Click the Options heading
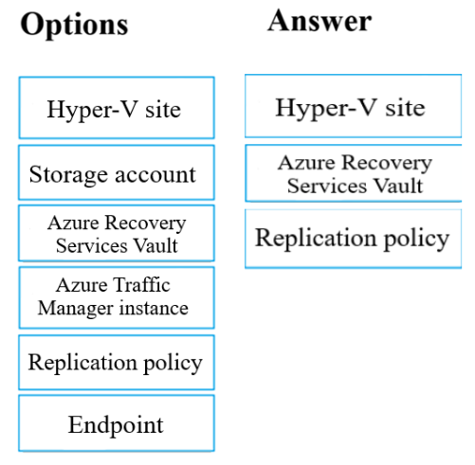click(x=74, y=25)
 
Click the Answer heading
click(x=320, y=21)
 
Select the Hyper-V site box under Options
click(x=117, y=108)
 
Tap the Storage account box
click(x=117, y=172)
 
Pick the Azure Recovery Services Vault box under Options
click(x=117, y=233)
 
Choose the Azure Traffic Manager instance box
click(x=117, y=297)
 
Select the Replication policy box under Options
click(x=117, y=363)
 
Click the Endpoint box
click(x=117, y=423)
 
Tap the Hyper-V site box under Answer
click(x=354, y=106)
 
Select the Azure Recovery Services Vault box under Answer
click(x=354, y=173)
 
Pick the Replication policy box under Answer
click(x=354, y=239)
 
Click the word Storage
click(x=68, y=174)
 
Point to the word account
click(x=155, y=175)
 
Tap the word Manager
click(x=75, y=309)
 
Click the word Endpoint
click(x=116, y=425)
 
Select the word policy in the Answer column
click(x=417, y=240)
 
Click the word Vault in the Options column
click(x=155, y=245)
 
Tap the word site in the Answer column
click(x=405, y=108)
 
